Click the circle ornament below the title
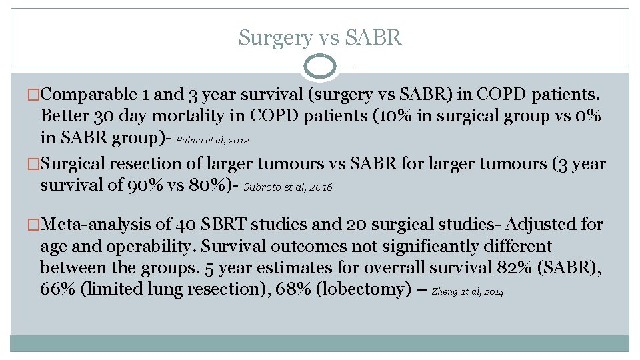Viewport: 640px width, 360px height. point(319,67)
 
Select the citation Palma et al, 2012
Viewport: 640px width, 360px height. point(213,141)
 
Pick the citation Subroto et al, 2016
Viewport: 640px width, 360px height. point(288,188)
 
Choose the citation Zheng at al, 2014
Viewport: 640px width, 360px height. point(468,291)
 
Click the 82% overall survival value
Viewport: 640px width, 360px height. point(517,268)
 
